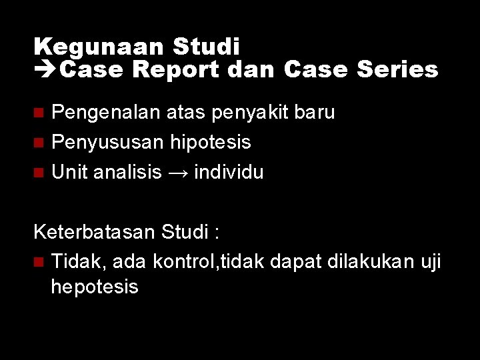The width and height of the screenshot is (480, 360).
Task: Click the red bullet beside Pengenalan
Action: click(x=39, y=113)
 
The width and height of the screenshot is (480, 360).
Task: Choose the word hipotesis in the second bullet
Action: click(x=211, y=142)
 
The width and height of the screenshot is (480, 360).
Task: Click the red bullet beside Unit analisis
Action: click(x=39, y=172)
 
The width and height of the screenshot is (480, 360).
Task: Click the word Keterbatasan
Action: click(x=94, y=233)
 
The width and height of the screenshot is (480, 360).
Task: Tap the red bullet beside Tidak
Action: click(x=39, y=263)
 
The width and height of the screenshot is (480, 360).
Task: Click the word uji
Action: click(x=429, y=263)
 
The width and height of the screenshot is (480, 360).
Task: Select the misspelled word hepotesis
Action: click(x=95, y=287)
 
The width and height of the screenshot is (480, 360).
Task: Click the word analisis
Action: click(x=128, y=172)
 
